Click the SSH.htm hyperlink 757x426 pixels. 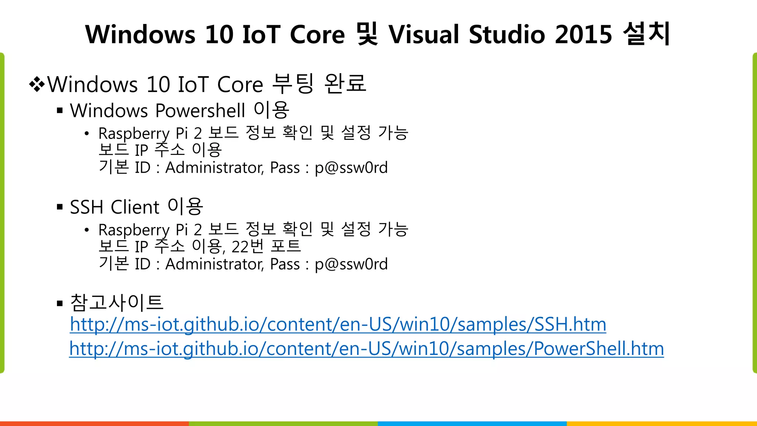point(338,325)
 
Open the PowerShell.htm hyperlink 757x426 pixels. point(366,349)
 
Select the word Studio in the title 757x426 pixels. point(507,34)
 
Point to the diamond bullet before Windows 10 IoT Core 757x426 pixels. point(37,85)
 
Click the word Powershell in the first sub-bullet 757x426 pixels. point(200,111)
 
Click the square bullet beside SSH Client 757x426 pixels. point(60,207)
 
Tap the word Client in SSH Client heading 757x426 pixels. point(135,207)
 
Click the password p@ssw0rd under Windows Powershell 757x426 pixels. point(351,168)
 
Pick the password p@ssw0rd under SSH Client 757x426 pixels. point(351,264)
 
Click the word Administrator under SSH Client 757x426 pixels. point(214,264)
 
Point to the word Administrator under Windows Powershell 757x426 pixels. point(214,168)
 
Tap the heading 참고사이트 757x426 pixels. point(116,302)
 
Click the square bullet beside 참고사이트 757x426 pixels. point(60,304)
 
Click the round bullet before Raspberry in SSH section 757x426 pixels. point(86,230)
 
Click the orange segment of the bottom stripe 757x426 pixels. point(94,423)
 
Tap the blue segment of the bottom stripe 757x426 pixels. point(472,423)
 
